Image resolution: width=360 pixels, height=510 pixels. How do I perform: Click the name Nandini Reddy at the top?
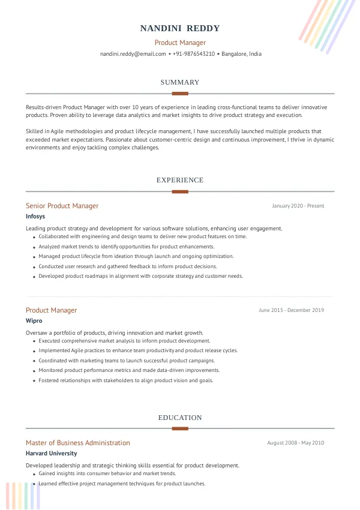pyautogui.click(x=180, y=28)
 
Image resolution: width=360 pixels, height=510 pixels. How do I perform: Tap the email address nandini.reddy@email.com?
pyautogui.click(x=133, y=54)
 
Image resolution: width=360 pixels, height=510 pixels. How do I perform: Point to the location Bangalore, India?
pyautogui.click(x=241, y=54)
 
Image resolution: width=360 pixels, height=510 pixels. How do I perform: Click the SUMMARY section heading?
pyautogui.click(x=180, y=82)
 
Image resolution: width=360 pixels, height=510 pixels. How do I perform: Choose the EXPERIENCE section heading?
pyautogui.click(x=180, y=180)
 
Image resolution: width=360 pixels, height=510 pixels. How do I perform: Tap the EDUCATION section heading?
pyautogui.click(x=180, y=418)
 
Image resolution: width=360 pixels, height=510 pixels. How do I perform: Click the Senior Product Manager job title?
pyautogui.click(x=62, y=206)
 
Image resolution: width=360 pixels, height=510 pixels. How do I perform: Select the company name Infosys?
pyautogui.click(x=35, y=216)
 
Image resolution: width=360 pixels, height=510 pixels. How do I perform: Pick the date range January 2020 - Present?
pyautogui.click(x=298, y=206)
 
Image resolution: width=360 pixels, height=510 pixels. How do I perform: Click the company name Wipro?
pyautogui.click(x=34, y=320)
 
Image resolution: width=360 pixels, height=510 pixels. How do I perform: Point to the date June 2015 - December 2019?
pyautogui.click(x=291, y=310)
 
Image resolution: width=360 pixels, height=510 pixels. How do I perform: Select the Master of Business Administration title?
pyautogui.click(x=77, y=443)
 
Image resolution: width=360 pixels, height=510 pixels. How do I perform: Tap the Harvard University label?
pyautogui.click(x=51, y=454)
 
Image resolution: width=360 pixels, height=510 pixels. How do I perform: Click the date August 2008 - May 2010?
pyautogui.click(x=295, y=443)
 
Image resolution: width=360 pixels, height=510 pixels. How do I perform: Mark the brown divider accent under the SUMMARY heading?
pyautogui.click(x=180, y=94)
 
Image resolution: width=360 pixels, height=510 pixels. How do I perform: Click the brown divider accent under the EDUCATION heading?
pyautogui.click(x=180, y=428)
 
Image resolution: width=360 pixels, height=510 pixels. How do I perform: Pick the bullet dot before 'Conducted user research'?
pyautogui.click(x=34, y=266)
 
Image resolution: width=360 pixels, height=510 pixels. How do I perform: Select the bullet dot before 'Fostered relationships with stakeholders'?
pyautogui.click(x=34, y=380)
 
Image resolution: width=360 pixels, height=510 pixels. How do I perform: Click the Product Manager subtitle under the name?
pyautogui.click(x=180, y=43)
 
